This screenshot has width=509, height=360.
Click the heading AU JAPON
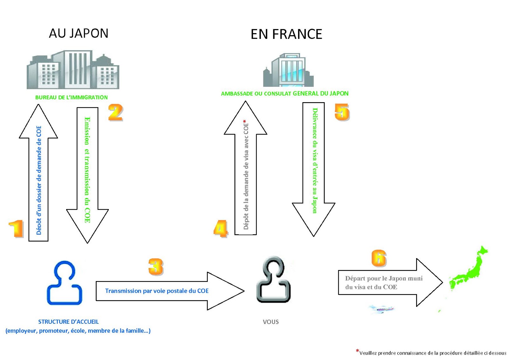tap(79, 33)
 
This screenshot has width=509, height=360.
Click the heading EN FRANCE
tap(286, 34)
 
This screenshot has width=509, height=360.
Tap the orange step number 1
tap(16, 229)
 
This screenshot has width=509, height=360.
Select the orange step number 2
tap(116, 112)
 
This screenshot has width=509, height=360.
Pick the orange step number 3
tap(156, 267)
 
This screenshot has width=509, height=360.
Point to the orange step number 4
tap(221, 229)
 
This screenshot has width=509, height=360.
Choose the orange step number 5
tap(342, 112)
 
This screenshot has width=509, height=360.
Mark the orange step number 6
tap(379, 258)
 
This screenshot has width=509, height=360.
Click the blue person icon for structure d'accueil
tap(65, 283)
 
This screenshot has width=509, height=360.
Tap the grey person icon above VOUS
tap(273, 279)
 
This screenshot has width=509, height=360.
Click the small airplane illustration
tap(382, 309)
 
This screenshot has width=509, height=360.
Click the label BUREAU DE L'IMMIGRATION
tap(71, 97)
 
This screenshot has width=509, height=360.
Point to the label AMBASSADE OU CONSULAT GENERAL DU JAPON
tap(285, 94)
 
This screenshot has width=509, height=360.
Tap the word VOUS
tap(271, 322)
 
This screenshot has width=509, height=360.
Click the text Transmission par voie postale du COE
tap(157, 291)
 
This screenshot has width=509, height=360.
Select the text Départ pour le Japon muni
tap(384, 279)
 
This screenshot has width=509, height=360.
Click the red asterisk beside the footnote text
tap(358, 351)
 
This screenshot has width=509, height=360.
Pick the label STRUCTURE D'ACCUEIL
tap(68, 322)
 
